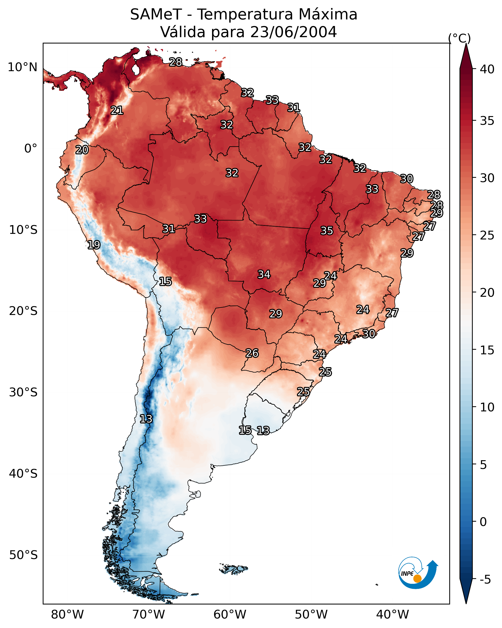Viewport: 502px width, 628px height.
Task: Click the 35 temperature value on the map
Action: tap(327, 231)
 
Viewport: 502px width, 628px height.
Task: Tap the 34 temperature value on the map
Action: tap(264, 274)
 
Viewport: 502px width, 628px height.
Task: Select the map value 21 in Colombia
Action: tap(117, 110)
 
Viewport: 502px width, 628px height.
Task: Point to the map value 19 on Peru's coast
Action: tap(94, 245)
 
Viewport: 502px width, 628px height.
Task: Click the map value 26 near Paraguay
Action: tap(252, 353)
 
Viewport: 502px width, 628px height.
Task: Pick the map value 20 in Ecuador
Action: tap(82, 150)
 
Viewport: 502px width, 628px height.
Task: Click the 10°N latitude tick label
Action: tap(22, 67)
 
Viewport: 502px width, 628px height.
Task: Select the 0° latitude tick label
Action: tap(31, 149)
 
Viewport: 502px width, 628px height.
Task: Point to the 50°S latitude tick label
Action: tap(23, 555)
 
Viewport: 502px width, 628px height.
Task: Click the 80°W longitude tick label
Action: tap(67, 615)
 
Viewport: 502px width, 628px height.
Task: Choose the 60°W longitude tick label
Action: tap(230, 615)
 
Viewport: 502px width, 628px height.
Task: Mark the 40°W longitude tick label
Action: tap(392, 615)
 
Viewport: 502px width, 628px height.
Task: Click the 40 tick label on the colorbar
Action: tap(487, 69)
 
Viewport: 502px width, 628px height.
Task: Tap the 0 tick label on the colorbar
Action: tap(483, 522)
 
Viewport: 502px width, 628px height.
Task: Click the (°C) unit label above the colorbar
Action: tap(459, 38)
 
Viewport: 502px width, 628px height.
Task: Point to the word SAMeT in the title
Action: tap(156, 15)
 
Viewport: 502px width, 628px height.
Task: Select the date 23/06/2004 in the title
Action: tap(293, 32)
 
